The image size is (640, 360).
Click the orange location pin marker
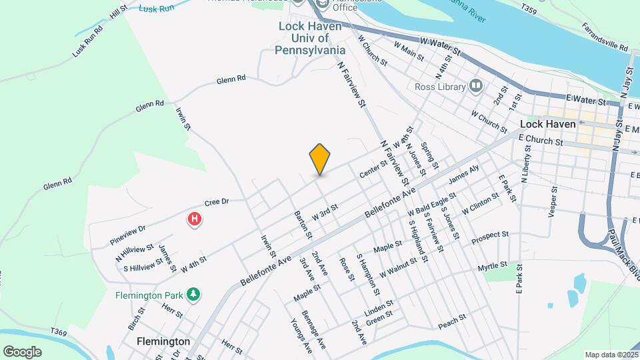[x=320, y=159]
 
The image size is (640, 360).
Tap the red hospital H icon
[x=194, y=219]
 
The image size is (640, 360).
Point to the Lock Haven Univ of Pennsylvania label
[x=311, y=38]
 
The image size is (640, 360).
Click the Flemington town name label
[x=163, y=341]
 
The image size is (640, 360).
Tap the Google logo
[x=23, y=351]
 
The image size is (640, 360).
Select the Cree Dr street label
[x=217, y=201]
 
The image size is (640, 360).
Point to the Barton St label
[x=303, y=225]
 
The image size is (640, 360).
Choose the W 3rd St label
[x=325, y=210]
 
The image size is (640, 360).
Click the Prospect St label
[x=489, y=237]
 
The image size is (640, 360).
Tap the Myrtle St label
[x=493, y=267]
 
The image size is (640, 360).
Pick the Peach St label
[x=451, y=325]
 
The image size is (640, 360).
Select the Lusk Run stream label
[x=156, y=9]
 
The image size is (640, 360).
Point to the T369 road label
[x=59, y=332]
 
